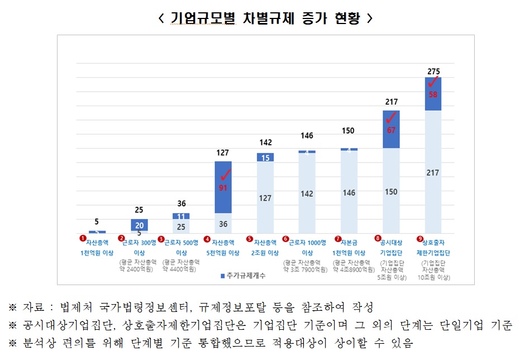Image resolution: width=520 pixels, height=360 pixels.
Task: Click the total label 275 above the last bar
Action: pyautogui.click(x=433, y=71)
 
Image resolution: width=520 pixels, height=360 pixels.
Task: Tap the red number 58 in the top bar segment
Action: pyautogui.click(x=433, y=94)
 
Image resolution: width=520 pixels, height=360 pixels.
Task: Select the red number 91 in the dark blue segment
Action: pyautogui.click(x=223, y=188)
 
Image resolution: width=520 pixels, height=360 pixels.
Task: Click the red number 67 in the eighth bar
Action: pyautogui.click(x=391, y=130)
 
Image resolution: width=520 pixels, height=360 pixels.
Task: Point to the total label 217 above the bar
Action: pyautogui.click(x=391, y=102)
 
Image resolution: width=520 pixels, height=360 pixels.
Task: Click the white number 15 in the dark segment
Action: pyautogui.click(x=265, y=158)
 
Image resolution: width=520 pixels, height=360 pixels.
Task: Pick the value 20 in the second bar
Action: pyautogui.click(x=139, y=224)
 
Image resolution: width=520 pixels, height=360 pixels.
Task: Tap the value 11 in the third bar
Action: pyautogui.click(x=181, y=216)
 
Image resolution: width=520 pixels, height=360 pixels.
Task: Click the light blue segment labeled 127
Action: pyautogui.click(x=265, y=198)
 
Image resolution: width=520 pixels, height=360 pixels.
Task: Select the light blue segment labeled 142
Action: pyautogui.click(x=307, y=193)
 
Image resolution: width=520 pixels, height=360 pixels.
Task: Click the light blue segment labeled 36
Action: pyautogui.click(x=223, y=224)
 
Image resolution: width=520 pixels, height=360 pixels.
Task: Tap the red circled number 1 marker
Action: pyautogui.click(x=83, y=238)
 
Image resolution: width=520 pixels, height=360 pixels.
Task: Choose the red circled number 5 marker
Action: pyautogui.click(x=250, y=239)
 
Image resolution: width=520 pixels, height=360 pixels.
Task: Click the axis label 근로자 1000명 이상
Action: pyautogui.click(x=307, y=248)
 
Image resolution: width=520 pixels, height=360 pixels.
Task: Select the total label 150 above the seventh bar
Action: pyautogui.click(x=349, y=131)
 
